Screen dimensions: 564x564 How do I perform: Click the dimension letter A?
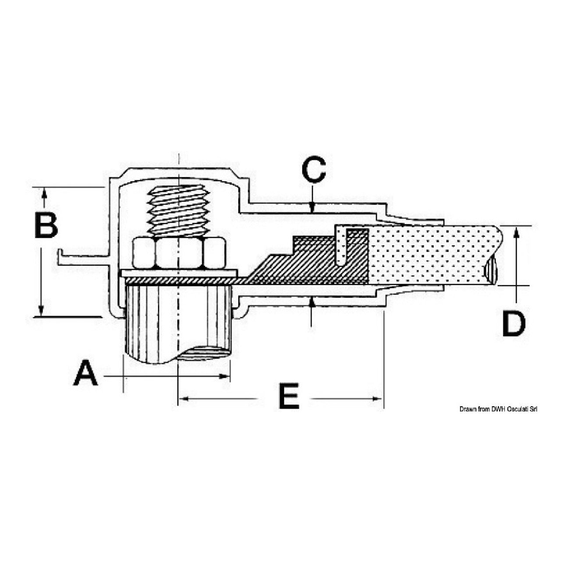point(86,373)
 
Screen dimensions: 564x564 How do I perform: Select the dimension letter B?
point(46,225)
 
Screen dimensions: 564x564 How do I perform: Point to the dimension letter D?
point(513,324)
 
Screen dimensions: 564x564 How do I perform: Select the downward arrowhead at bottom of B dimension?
point(41,311)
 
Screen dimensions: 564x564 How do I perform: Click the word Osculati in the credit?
point(519,409)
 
